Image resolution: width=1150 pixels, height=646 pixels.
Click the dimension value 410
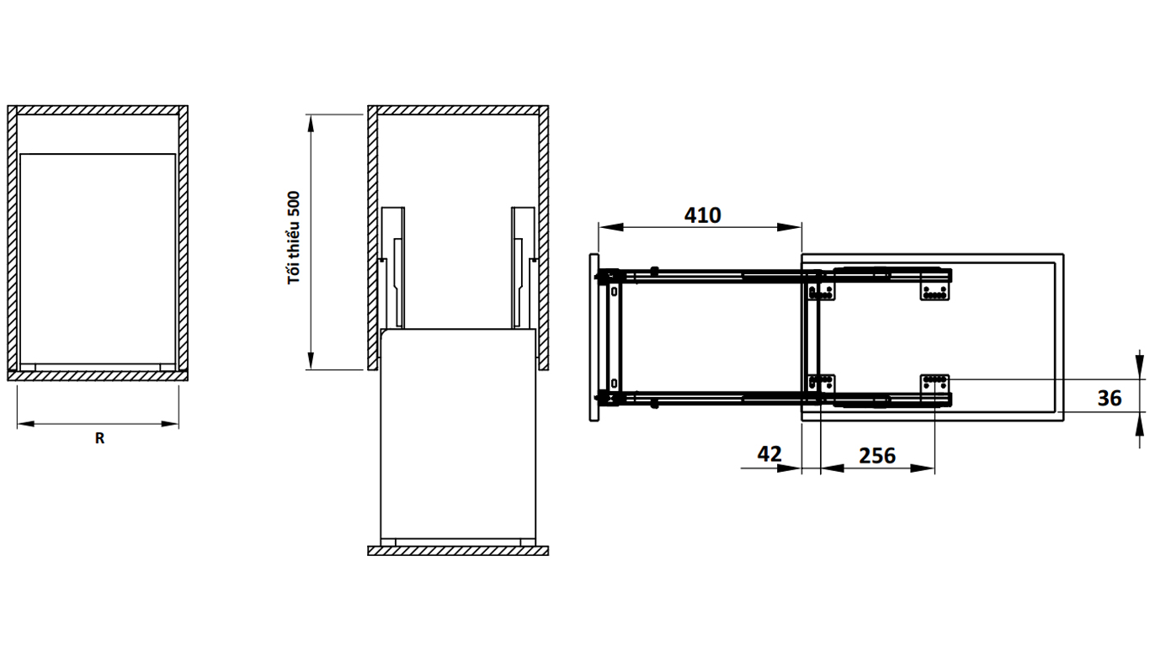(x=702, y=215)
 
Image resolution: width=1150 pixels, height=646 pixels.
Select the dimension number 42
(x=769, y=453)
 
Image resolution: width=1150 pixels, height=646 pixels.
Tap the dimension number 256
(x=877, y=456)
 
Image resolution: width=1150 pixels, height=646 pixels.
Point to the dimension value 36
(x=1110, y=398)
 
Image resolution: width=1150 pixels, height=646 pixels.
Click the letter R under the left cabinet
(x=99, y=438)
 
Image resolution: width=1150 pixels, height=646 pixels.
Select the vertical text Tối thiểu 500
(x=294, y=237)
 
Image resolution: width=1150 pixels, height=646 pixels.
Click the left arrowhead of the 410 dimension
(x=611, y=227)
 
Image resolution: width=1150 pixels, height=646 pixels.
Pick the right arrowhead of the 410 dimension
(x=789, y=227)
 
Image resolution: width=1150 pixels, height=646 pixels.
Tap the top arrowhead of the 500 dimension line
(x=310, y=124)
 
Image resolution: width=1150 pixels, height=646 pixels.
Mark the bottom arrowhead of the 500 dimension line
(x=310, y=360)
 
